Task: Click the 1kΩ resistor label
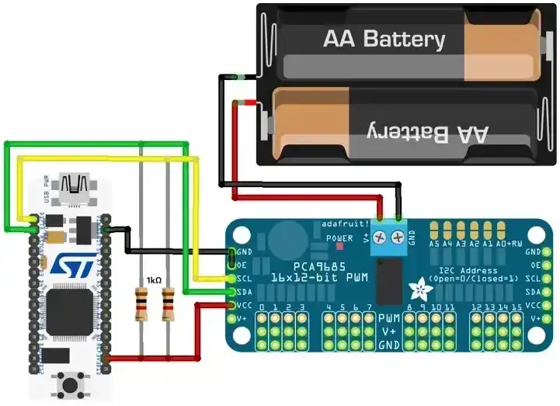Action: pos(153,280)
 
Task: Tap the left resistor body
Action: pos(141,304)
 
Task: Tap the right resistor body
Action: pos(167,304)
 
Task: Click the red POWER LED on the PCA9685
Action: pos(339,246)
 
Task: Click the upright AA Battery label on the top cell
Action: pos(384,39)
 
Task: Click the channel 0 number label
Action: pos(263,307)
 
